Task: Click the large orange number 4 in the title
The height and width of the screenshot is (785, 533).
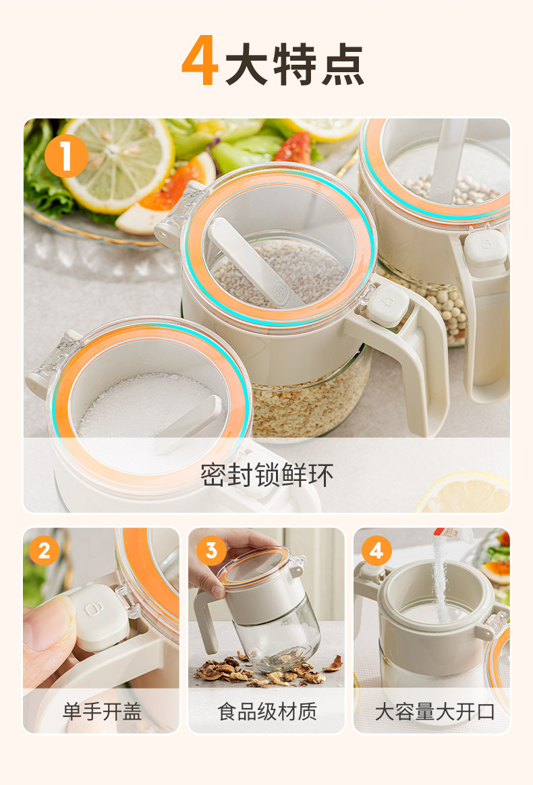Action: [200, 63]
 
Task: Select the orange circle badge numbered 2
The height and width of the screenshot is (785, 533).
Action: [44, 551]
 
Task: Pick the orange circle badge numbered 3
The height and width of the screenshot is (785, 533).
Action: [211, 551]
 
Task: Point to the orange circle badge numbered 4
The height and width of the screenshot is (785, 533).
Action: [376, 551]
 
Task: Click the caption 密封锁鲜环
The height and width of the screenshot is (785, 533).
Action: [266, 475]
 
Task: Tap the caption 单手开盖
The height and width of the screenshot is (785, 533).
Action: [102, 711]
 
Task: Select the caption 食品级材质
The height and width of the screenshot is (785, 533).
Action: [266, 711]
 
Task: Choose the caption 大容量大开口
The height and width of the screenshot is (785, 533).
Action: [434, 711]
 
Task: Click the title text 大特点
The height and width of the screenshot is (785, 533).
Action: [295, 65]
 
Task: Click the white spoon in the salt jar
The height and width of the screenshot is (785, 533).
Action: [189, 424]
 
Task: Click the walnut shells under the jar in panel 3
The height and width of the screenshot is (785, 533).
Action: [270, 671]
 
